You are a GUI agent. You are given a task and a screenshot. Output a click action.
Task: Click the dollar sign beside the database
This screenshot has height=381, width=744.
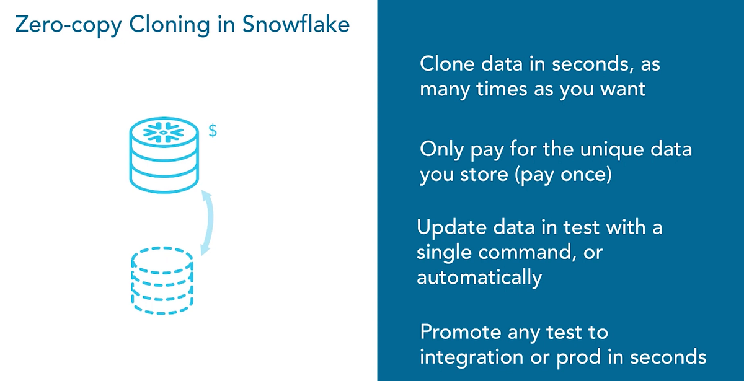click(212, 132)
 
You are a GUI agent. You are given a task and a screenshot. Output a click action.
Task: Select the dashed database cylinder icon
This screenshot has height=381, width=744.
click(162, 282)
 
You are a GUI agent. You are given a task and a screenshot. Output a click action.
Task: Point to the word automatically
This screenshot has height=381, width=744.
click(479, 278)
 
